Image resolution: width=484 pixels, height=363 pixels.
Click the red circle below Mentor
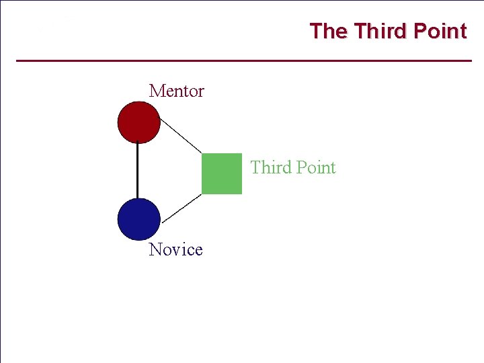click(139, 122)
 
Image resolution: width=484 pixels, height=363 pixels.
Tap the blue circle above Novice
click(139, 219)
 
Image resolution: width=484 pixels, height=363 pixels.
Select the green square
click(222, 174)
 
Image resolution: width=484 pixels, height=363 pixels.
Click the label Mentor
click(176, 91)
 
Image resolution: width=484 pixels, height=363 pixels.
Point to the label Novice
click(175, 249)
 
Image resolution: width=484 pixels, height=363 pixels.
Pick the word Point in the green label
click(315, 167)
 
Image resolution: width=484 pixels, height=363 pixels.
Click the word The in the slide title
click(329, 32)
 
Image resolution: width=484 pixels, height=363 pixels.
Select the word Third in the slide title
click(380, 32)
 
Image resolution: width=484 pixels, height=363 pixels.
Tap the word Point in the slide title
click(440, 32)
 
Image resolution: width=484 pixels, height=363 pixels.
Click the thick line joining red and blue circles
click(138, 171)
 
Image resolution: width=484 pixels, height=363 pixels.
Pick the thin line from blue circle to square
click(182, 208)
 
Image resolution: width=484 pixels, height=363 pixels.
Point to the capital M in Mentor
click(157, 91)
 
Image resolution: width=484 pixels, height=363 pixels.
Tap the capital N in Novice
click(156, 249)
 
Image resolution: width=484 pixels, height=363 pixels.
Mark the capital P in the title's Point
click(419, 32)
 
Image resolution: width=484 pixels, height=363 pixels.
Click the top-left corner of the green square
click(202, 155)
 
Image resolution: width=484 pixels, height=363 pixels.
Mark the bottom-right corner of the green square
click(241, 194)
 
